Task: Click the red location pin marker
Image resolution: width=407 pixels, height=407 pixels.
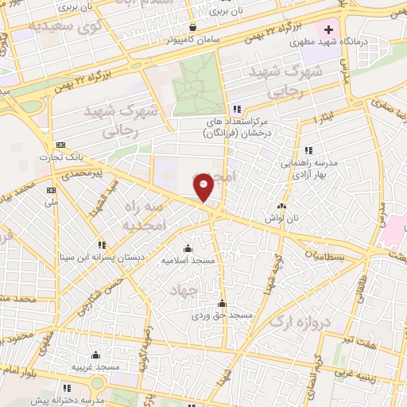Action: [x=204, y=186]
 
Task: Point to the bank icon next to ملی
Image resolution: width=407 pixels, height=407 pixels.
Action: [x=52, y=190]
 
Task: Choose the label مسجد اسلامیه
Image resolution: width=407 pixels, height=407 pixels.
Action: [x=188, y=260]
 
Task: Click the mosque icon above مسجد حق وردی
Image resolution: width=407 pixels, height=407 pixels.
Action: [x=222, y=303]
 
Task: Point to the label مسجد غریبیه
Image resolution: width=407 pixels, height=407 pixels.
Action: [x=96, y=366]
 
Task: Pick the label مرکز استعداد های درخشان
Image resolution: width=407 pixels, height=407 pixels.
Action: [x=236, y=124]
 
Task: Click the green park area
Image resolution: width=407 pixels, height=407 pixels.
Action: [x=199, y=87]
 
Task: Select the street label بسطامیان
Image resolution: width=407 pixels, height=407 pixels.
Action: [x=326, y=256]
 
